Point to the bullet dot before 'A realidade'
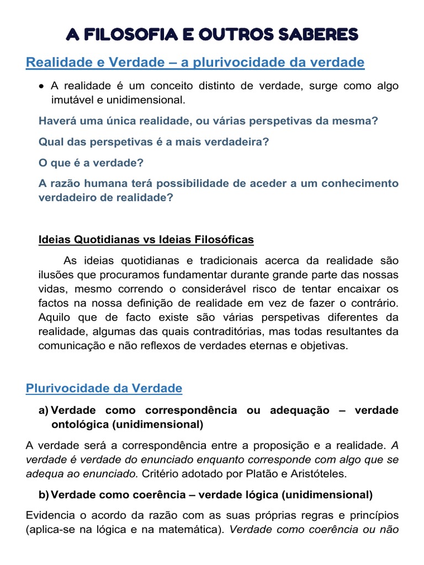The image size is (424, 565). click(42, 86)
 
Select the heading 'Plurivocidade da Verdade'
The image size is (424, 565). click(104, 388)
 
